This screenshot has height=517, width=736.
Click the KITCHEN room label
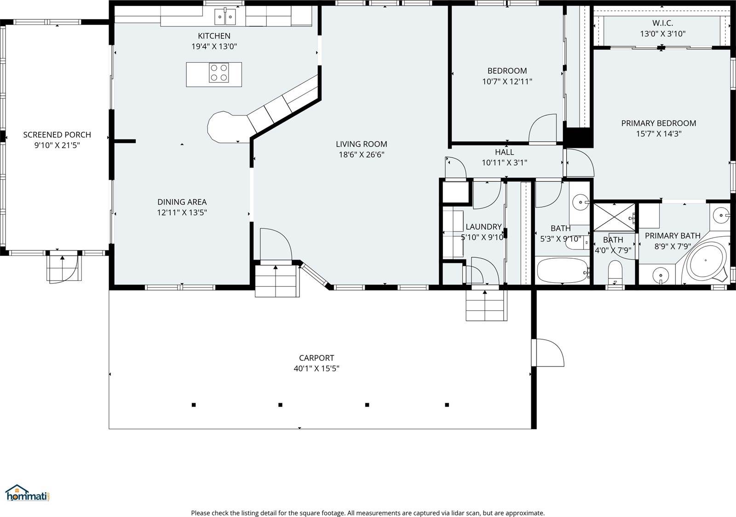pyautogui.click(x=214, y=36)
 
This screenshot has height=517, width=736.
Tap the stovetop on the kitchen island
pyautogui.click(x=219, y=73)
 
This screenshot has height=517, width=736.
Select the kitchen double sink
pyautogui.click(x=225, y=17)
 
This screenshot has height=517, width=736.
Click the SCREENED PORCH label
pyautogui.click(x=57, y=135)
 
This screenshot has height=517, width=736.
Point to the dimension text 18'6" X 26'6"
pyautogui.click(x=362, y=155)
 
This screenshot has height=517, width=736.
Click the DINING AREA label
pyautogui.click(x=182, y=202)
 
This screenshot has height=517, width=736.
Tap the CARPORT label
pyautogui.click(x=316, y=358)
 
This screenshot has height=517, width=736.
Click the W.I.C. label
pyautogui.click(x=662, y=23)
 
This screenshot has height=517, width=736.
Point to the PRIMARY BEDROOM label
pyautogui.click(x=658, y=123)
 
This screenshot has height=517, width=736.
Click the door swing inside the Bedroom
pyautogui.click(x=544, y=128)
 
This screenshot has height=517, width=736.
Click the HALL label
pyautogui.click(x=504, y=152)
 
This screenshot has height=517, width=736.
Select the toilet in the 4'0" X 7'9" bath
pyautogui.click(x=615, y=273)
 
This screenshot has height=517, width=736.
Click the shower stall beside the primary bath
pyautogui.click(x=614, y=216)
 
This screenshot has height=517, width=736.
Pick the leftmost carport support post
pyautogui.click(x=194, y=405)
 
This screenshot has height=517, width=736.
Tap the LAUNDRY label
pyautogui.click(x=483, y=227)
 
